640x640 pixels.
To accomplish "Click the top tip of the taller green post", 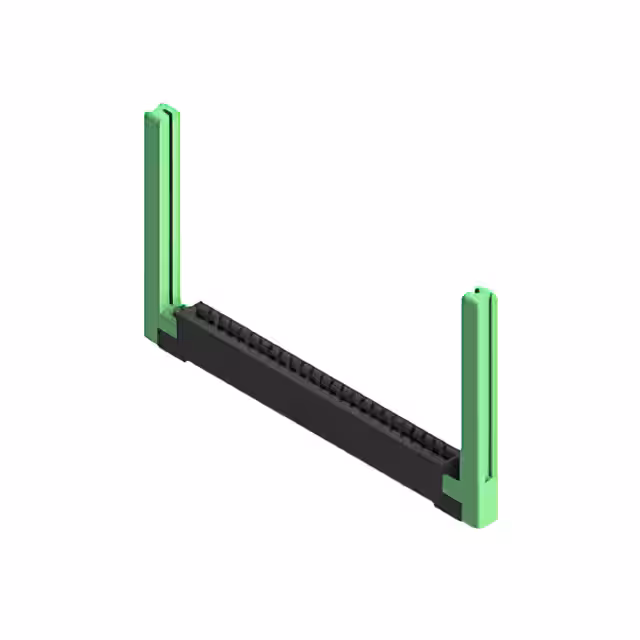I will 163,106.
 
